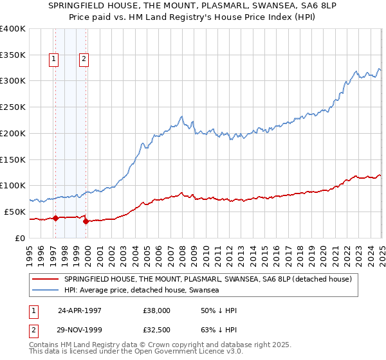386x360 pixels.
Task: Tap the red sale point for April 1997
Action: (x=55, y=218)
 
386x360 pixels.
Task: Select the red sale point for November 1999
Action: (x=86, y=221)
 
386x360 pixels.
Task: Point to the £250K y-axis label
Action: (x=13, y=107)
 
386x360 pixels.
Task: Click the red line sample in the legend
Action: (x=45, y=279)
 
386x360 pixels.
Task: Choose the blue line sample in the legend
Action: (x=45, y=291)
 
